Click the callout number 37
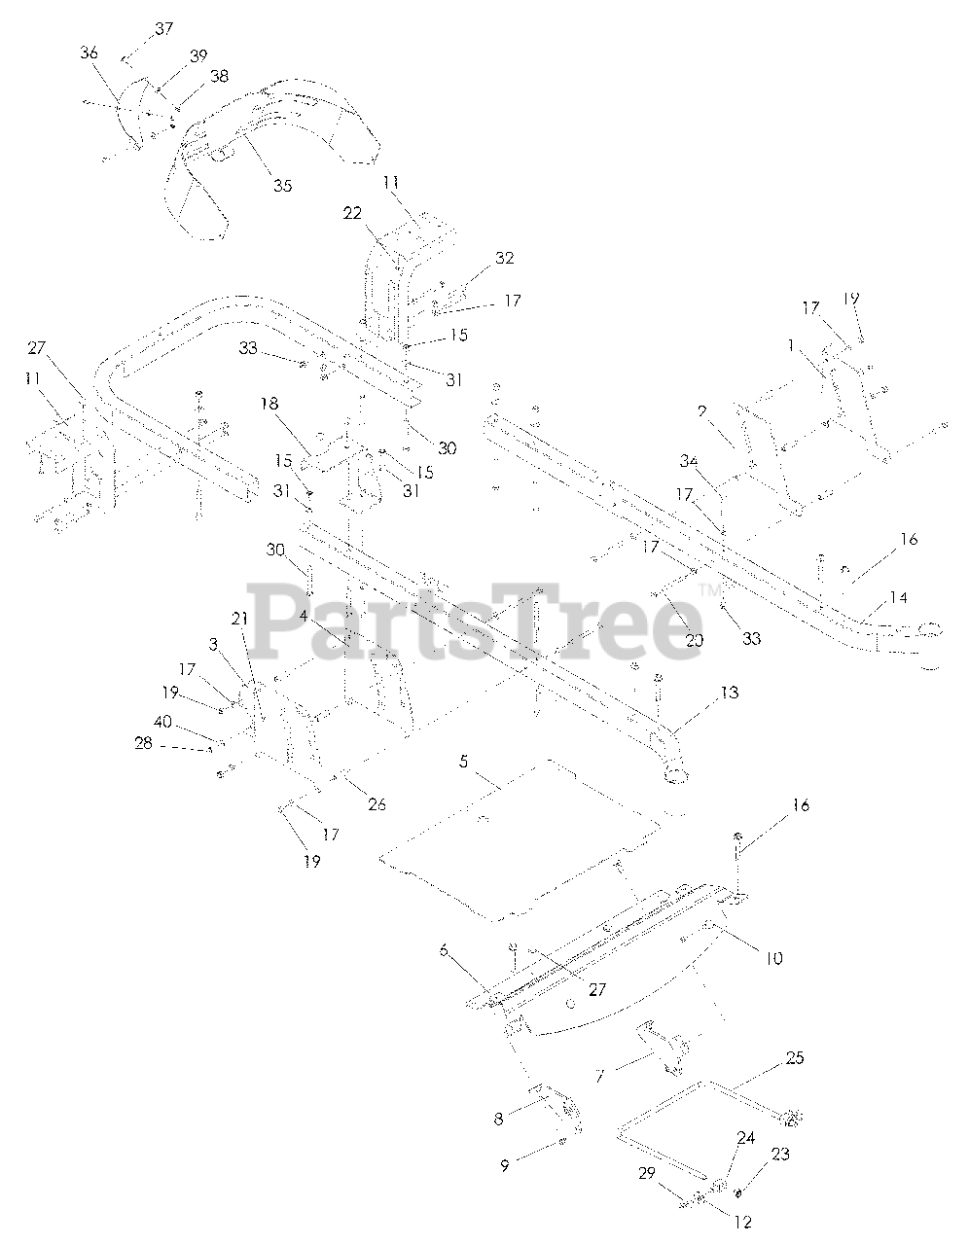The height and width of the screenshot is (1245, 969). (x=163, y=28)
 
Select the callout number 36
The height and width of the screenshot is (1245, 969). (x=89, y=53)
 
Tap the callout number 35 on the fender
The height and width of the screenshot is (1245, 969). (x=281, y=185)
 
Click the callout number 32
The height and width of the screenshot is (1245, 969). (x=504, y=259)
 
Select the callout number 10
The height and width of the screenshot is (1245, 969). (x=772, y=958)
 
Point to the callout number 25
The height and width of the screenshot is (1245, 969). (x=795, y=1057)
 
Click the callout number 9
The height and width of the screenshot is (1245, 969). (x=504, y=1166)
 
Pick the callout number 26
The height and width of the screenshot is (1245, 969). (x=377, y=803)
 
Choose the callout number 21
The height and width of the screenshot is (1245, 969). (x=239, y=619)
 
